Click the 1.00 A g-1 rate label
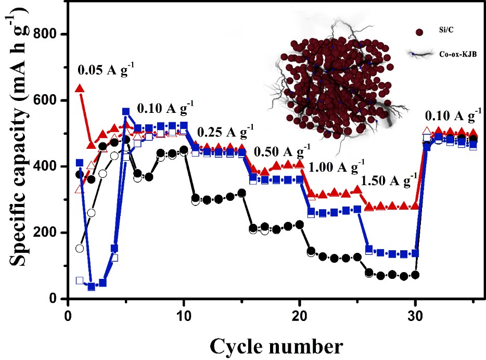pyautogui.click(x=336, y=168)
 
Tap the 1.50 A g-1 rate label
pyautogui.click(x=390, y=181)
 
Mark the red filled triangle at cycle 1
pyautogui.click(x=80, y=88)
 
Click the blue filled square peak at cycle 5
pyautogui.click(x=126, y=112)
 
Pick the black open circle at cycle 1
pyautogui.click(x=80, y=248)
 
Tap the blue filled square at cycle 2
pyautogui.click(x=92, y=287)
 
